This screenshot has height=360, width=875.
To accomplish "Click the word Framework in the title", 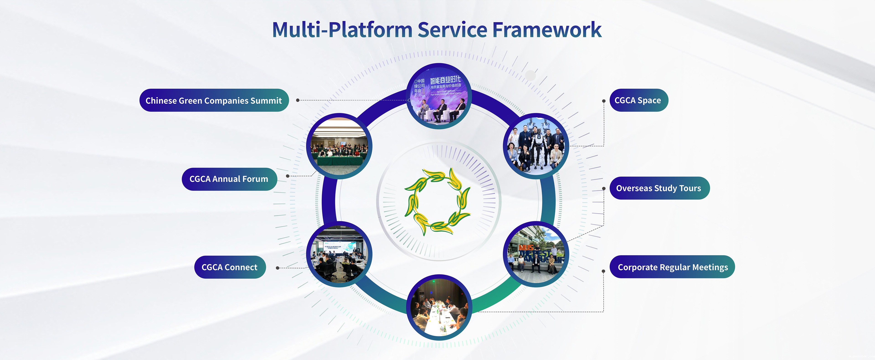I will click(547, 30).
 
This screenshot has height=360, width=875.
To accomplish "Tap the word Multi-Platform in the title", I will click(342, 30).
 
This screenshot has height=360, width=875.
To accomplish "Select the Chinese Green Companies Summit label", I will click(214, 100).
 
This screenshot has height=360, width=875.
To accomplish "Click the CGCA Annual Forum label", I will click(229, 179).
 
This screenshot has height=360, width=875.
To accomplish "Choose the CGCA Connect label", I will click(230, 267).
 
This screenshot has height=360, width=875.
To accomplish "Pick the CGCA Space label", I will click(638, 100).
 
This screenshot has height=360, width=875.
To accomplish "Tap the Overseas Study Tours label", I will click(659, 188).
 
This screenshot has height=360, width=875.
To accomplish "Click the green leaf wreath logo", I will click(437, 202).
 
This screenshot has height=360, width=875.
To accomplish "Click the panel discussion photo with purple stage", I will click(439, 96).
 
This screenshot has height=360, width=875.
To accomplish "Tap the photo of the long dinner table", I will click(439, 307).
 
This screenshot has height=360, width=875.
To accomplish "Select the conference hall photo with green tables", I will click(339, 146).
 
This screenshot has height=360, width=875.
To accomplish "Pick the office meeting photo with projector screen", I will click(339, 254).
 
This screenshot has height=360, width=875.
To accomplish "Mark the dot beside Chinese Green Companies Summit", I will click(298, 100).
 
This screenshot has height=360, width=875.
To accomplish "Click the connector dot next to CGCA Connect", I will click(278, 268).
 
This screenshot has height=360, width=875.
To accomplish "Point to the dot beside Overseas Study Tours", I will click(604, 188).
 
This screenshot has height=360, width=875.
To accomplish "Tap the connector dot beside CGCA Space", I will click(604, 101).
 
